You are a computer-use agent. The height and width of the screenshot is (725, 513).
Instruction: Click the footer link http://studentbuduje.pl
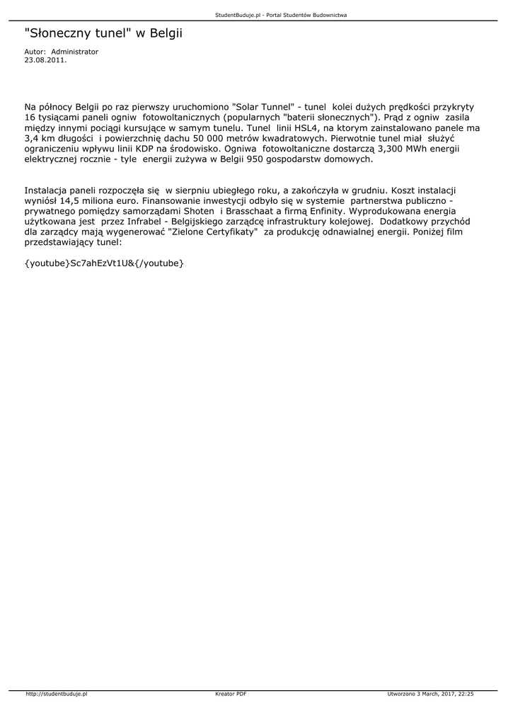click(x=56, y=695)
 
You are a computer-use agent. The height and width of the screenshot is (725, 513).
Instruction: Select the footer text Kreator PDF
click(x=231, y=695)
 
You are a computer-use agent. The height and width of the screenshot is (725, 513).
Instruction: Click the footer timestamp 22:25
click(x=466, y=695)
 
